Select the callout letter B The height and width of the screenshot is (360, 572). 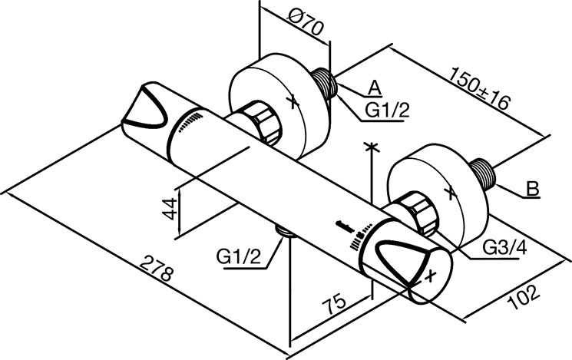[531, 187]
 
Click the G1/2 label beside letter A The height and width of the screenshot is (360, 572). [386, 111]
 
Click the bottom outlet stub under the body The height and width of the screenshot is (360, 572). [285, 233]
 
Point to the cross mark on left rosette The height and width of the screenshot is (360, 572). [291, 99]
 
